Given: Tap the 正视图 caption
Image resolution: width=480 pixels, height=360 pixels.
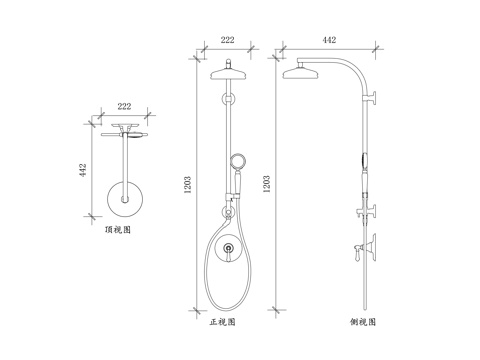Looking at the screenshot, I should (x=222, y=322).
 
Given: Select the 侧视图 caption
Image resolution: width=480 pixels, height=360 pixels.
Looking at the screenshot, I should (x=363, y=322).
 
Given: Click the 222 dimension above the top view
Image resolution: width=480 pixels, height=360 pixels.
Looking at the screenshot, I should (x=125, y=105).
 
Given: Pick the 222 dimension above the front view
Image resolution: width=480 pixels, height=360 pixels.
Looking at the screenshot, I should (x=227, y=39).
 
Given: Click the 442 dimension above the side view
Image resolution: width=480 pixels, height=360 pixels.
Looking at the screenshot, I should (x=330, y=39).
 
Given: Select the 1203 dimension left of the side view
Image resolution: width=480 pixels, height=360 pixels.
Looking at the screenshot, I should (x=267, y=186).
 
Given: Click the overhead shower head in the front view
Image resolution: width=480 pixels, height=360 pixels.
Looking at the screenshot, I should (x=227, y=73).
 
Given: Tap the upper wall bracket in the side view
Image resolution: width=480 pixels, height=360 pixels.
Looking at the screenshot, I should (x=373, y=97).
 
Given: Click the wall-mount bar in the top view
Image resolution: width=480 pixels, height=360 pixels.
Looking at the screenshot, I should (x=125, y=133).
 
